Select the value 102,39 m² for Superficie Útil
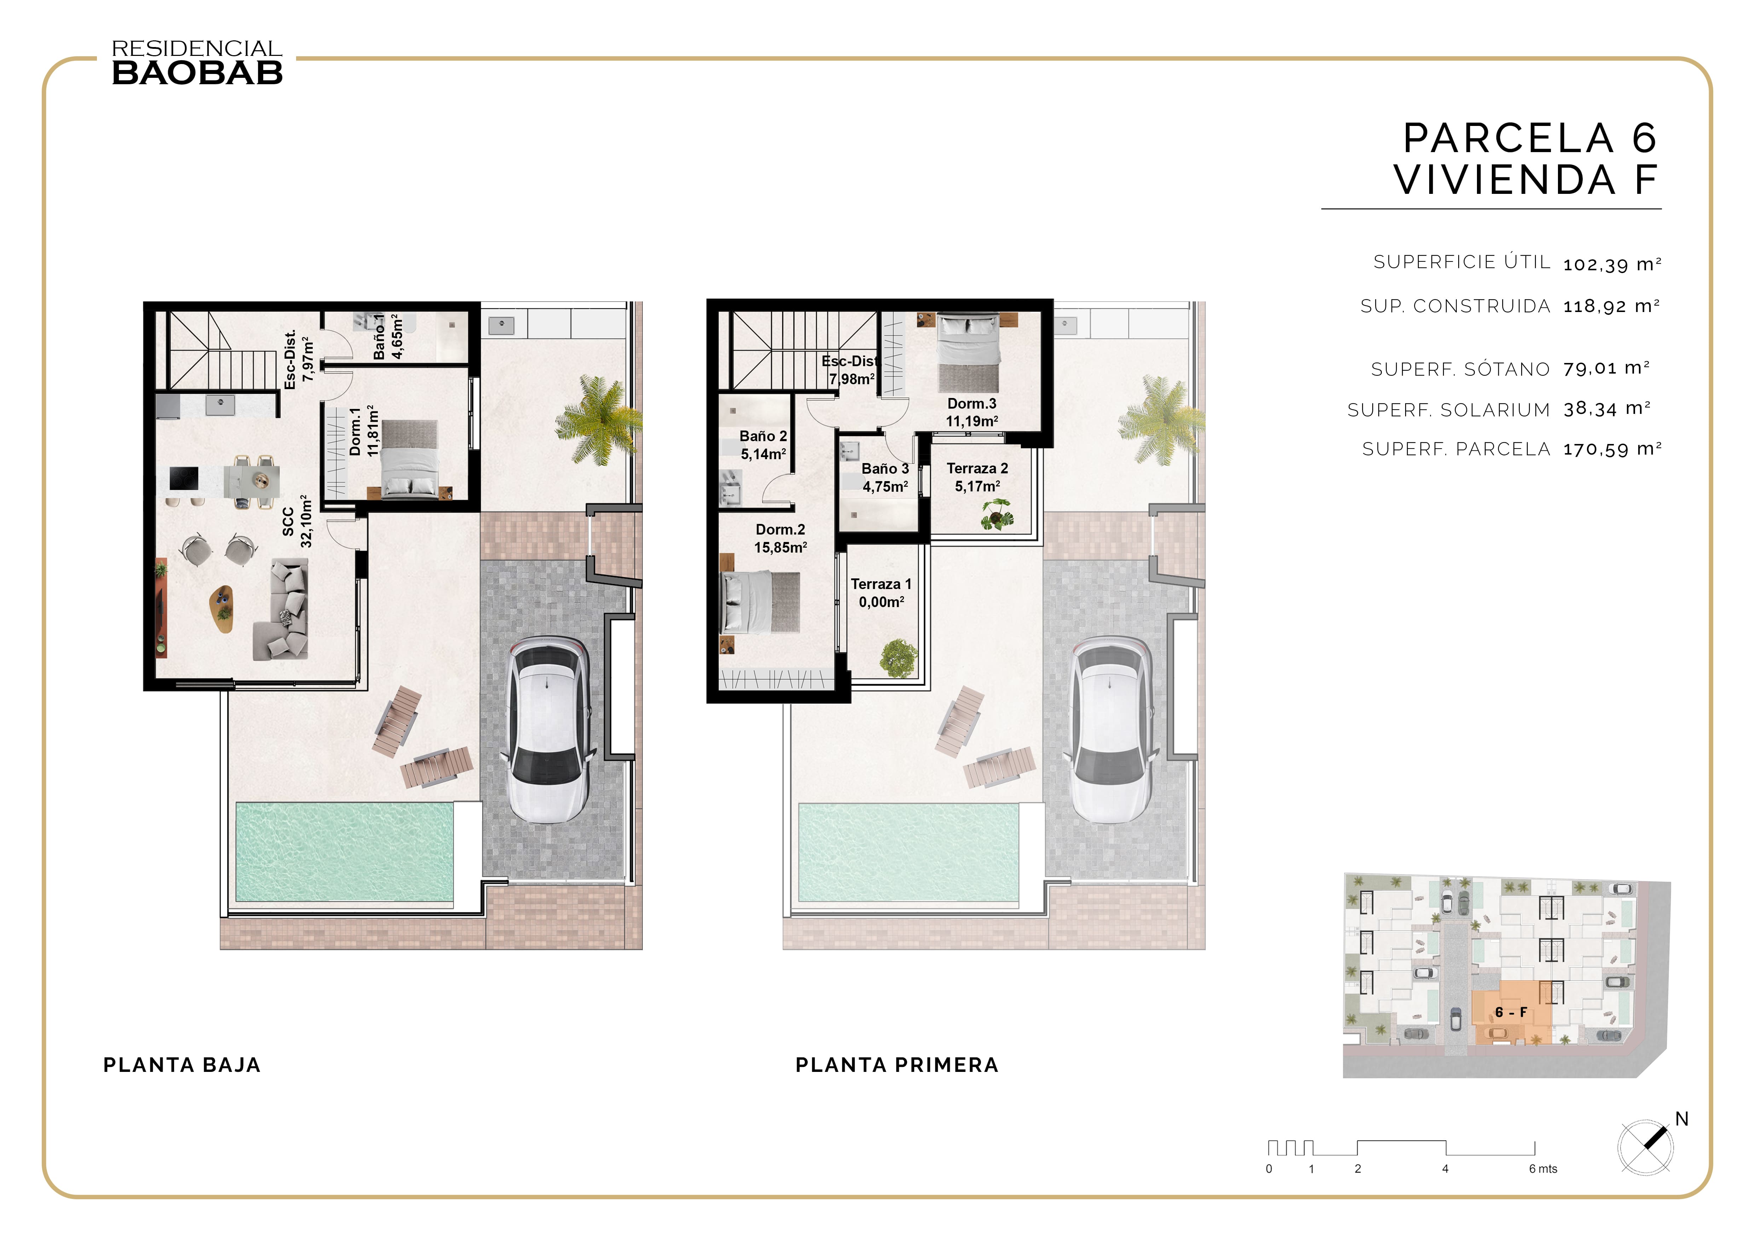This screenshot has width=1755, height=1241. coord(1612,264)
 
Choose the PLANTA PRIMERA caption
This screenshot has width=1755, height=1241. coord(897,1065)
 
